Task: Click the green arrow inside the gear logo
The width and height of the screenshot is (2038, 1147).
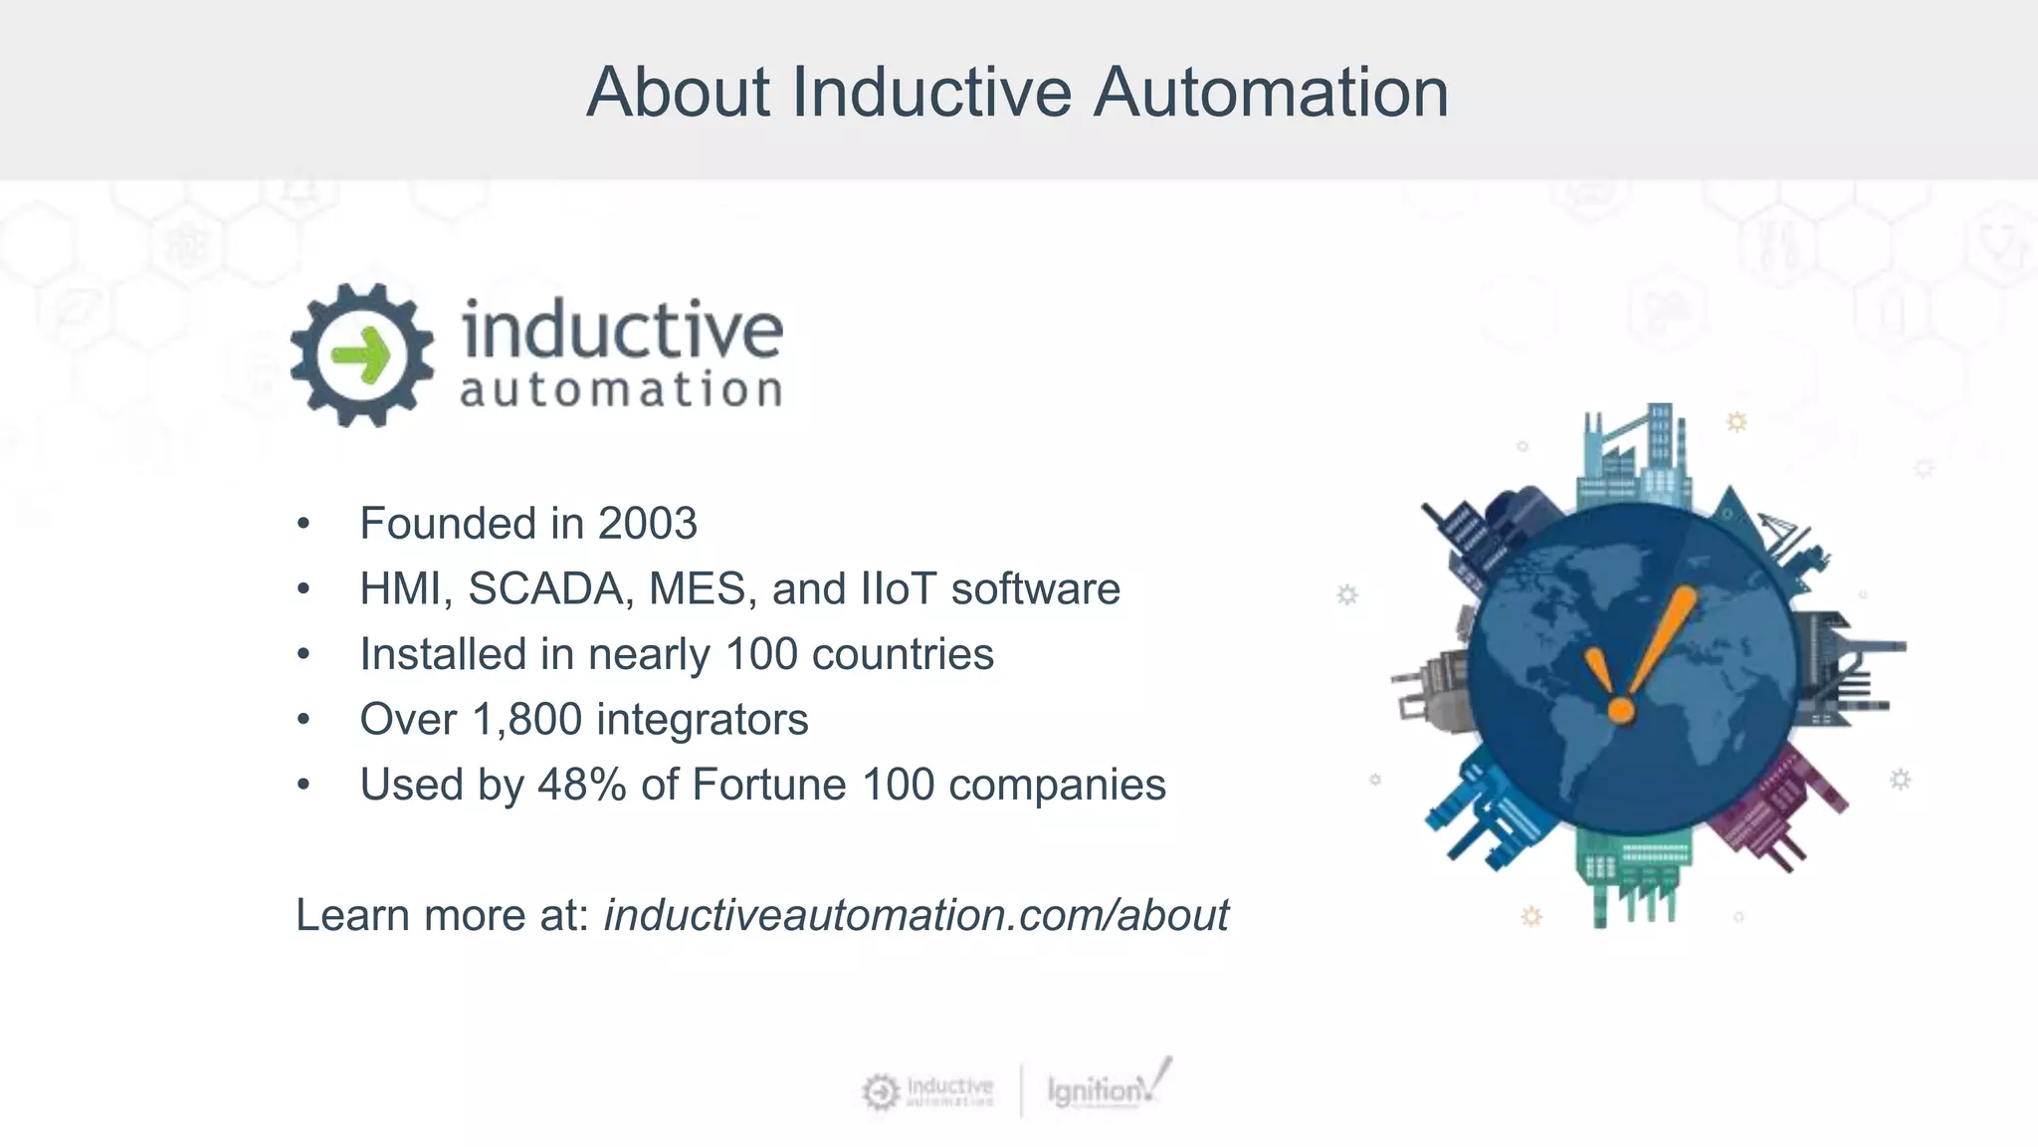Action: [362, 354]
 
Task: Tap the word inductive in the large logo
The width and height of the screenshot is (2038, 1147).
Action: [622, 331]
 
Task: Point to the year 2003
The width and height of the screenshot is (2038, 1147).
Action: [647, 524]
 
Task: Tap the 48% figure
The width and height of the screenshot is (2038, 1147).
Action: [581, 785]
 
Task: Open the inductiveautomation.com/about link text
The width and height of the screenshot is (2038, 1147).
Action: [916, 915]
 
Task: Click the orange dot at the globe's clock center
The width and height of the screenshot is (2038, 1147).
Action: [1621, 710]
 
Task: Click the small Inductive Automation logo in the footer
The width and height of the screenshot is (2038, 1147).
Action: [927, 1091]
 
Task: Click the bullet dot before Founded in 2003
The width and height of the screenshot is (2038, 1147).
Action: [304, 525]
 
